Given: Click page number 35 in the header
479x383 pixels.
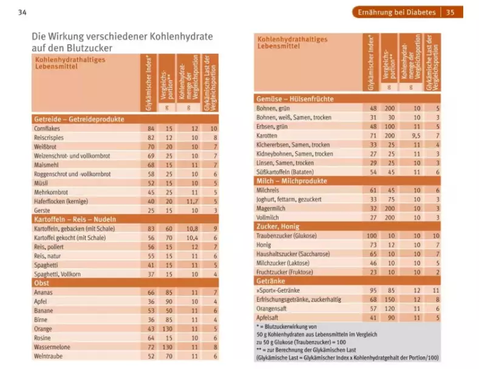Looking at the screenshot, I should point(450,12).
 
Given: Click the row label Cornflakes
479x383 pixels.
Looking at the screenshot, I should point(47,129).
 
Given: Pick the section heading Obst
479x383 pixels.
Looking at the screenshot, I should point(42,283).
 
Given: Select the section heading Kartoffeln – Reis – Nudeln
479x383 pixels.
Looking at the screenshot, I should point(75,219).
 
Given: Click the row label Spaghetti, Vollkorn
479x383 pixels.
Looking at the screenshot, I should point(58,274).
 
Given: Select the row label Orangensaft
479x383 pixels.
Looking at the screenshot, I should point(274,308).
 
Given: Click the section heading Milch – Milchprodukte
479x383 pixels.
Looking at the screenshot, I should point(292,181).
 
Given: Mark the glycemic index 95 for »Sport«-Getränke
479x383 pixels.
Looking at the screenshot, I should point(373,291).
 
